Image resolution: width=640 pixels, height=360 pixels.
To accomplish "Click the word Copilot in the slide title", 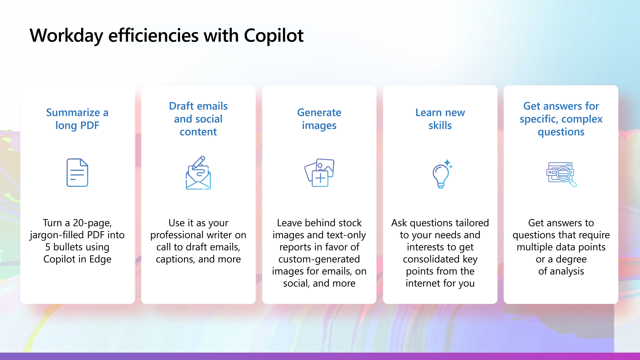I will click(x=273, y=35).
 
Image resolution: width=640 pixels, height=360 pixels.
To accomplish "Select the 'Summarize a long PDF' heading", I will click(x=77, y=119).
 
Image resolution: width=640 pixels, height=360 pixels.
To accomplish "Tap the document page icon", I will click(x=77, y=173).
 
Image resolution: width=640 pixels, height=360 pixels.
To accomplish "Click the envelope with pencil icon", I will click(x=198, y=173).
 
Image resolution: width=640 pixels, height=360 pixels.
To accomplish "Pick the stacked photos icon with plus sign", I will click(x=319, y=173).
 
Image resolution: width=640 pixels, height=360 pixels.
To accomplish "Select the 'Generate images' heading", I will click(x=319, y=119).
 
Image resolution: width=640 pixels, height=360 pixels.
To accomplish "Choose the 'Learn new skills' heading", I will click(x=440, y=119).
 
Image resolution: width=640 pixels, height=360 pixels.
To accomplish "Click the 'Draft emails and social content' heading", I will click(x=198, y=119).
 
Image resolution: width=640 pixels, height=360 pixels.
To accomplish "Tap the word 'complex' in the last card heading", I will click(x=582, y=119).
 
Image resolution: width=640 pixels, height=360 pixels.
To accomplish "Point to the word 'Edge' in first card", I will click(x=100, y=259).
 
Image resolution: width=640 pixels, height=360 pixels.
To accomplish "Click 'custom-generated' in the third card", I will click(x=319, y=259).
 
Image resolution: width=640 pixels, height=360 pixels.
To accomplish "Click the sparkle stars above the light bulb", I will click(x=448, y=164).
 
